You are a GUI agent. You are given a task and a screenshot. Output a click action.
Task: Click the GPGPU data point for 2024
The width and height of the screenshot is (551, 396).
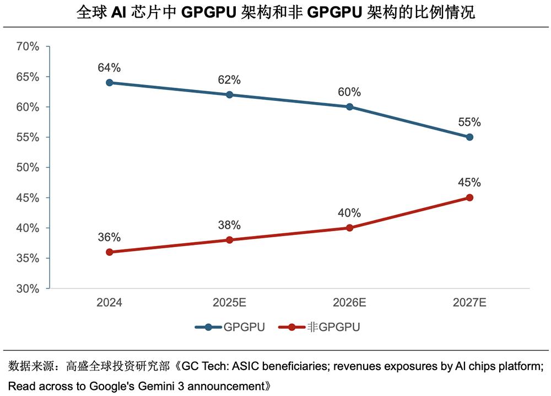pos(109,83)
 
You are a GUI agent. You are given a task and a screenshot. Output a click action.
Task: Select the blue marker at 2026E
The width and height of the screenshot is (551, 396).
pos(349,106)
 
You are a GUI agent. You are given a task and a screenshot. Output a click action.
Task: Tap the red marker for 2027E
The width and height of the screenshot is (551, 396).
pos(469,197)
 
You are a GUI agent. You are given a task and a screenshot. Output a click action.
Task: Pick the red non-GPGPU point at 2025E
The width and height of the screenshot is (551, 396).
pos(229,240)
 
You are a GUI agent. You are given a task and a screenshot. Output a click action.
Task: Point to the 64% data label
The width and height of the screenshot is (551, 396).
pos(109,68)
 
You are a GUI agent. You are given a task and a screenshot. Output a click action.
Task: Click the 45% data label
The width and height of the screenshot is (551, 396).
pos(469,183)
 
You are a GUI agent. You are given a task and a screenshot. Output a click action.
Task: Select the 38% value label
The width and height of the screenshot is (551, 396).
pos(229,225)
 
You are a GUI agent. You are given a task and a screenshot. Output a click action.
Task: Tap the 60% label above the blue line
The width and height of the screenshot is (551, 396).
pos(349,92)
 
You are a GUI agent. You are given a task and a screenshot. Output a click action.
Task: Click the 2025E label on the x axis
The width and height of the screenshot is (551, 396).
pos(229,302)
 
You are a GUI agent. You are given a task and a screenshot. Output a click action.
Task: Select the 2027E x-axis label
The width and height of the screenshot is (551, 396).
pos(469,302)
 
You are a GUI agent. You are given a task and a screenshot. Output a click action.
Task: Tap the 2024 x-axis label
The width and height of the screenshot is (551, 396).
pos(109,302)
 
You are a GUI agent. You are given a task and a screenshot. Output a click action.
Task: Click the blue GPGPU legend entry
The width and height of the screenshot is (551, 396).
pos(230,327)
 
